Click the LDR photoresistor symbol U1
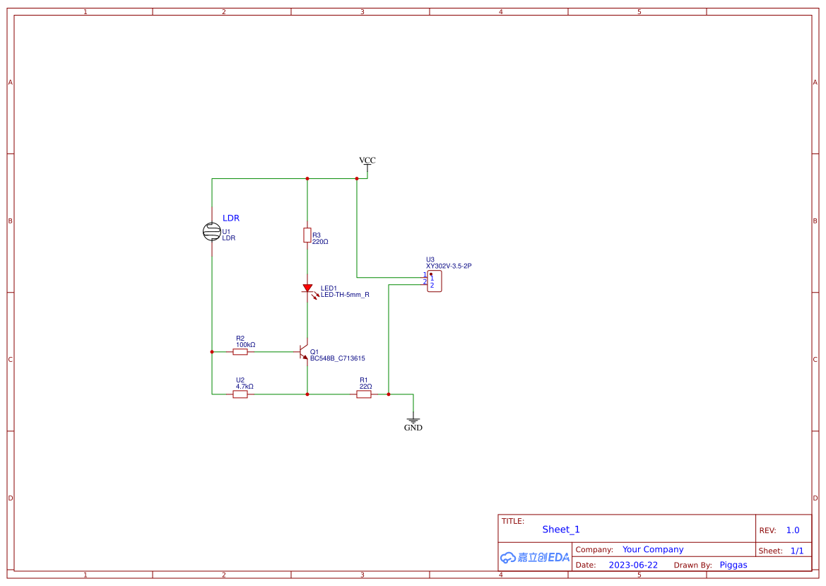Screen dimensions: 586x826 (211, 231)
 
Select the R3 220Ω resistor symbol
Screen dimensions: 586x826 (307, 235)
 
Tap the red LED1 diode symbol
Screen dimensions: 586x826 (307, 288)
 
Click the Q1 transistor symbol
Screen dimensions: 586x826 (304, 351)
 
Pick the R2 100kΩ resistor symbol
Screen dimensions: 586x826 (240, 351)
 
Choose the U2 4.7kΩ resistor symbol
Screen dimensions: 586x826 (240, 394)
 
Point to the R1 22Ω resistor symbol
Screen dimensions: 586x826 (364, 394)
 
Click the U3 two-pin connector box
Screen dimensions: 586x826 (435, 281)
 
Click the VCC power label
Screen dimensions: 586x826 (367, 161)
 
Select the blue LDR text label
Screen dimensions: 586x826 (231, 218)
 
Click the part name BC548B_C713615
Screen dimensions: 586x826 (338, 358)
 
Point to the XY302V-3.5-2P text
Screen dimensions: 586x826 (449, 266)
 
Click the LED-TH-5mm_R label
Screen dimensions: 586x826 (345, 295)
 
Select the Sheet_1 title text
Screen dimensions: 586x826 (561, 529)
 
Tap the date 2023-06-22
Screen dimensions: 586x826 (633, 565)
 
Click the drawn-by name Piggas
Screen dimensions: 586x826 (733, 565)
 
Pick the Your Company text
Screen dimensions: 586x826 (653, 549)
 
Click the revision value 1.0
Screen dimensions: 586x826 (793, 530)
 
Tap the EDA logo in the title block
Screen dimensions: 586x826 (535, 557)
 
